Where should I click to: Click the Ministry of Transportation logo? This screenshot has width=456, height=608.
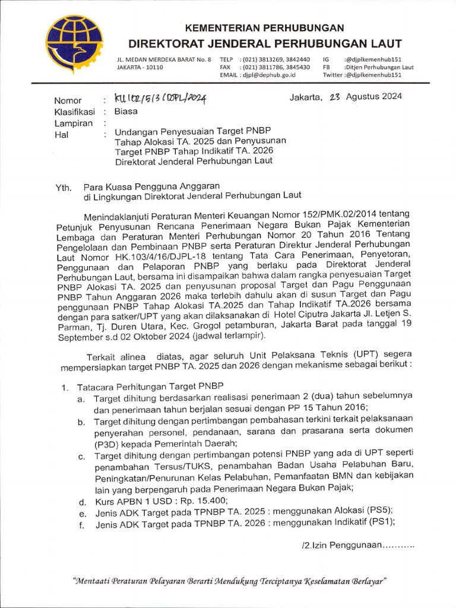(74, 44)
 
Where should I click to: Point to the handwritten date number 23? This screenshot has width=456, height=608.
(333, 97)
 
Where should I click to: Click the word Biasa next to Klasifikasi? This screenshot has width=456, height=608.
(126, 111)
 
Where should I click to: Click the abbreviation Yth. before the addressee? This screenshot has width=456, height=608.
(63, 186)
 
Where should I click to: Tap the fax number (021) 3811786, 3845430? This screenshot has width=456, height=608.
(275, 68)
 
